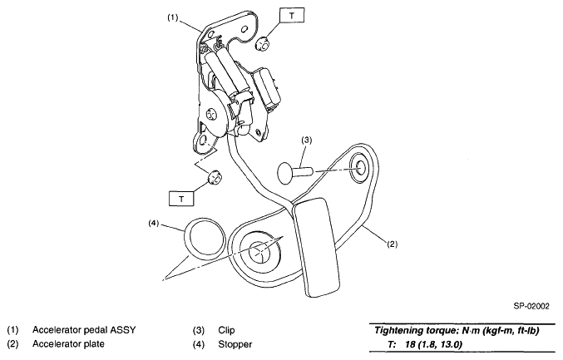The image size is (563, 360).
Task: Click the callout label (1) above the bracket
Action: (172, 16)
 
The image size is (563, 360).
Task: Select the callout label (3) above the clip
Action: (307, 141)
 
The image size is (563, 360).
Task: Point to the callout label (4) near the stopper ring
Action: (154, 223)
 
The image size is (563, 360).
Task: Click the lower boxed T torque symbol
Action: (181, 198)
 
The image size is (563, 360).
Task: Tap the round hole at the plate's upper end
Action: (363, 165)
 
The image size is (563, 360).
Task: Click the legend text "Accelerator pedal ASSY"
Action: (85, 328)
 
